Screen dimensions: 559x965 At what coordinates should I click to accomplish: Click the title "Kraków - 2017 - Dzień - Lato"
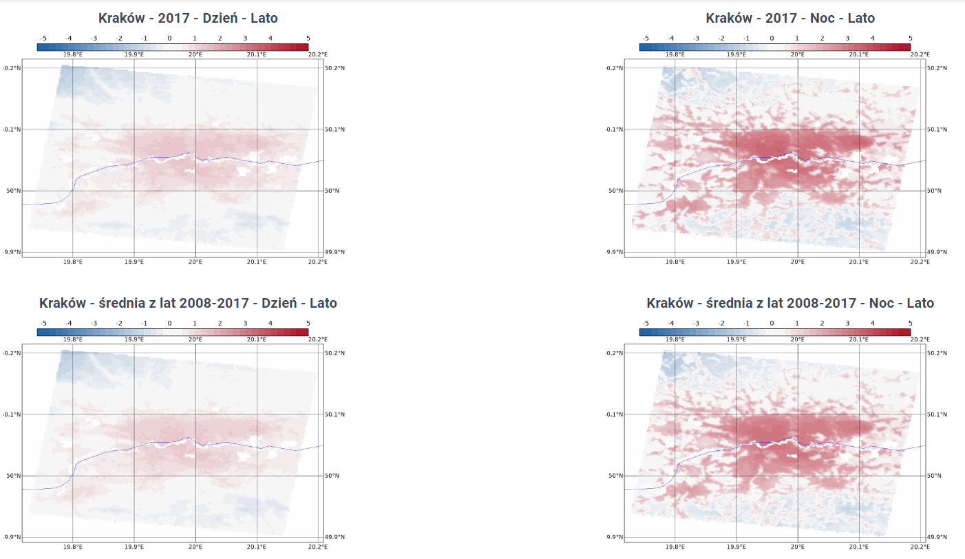pyautogui.click(x=188, y=18)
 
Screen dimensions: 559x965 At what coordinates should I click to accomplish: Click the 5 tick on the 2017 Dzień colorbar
pyautogui.click(x=308, y=39)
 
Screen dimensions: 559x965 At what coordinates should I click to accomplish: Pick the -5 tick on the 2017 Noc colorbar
pyautogui.click(x=645, y=39)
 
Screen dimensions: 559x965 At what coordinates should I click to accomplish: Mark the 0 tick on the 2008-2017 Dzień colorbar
pyautogui.click(x=169, y=324)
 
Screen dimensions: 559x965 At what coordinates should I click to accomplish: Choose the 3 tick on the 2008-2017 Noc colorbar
pyautogui.click(x=847, y=324)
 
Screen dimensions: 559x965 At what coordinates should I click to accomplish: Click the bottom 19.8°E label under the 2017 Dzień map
pyautogui.click(x=73, y=262)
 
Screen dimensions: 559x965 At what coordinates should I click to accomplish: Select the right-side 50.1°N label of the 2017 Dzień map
pyautogui.click(x=332, y=129)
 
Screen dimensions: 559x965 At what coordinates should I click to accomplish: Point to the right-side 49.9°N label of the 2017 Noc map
pyautogui.click(x=935, y=252)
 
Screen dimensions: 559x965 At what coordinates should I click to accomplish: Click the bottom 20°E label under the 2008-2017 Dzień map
pyautogui.click(x=195, y=547)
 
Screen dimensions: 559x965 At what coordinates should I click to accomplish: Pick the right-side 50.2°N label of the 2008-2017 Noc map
pyautogui.click(x=935, y=353)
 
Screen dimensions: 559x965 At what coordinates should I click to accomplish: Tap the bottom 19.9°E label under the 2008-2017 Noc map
pyautogui.click(x=736, y=547)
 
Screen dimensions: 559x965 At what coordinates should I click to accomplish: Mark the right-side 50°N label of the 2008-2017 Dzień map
pyautogui.click(x=331, y=476)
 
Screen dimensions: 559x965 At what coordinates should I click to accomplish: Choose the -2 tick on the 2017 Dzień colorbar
pyautogui.click(x=118, y=39)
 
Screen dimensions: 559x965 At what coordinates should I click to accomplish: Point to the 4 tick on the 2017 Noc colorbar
pyautogui.click(x=873, y=39)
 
